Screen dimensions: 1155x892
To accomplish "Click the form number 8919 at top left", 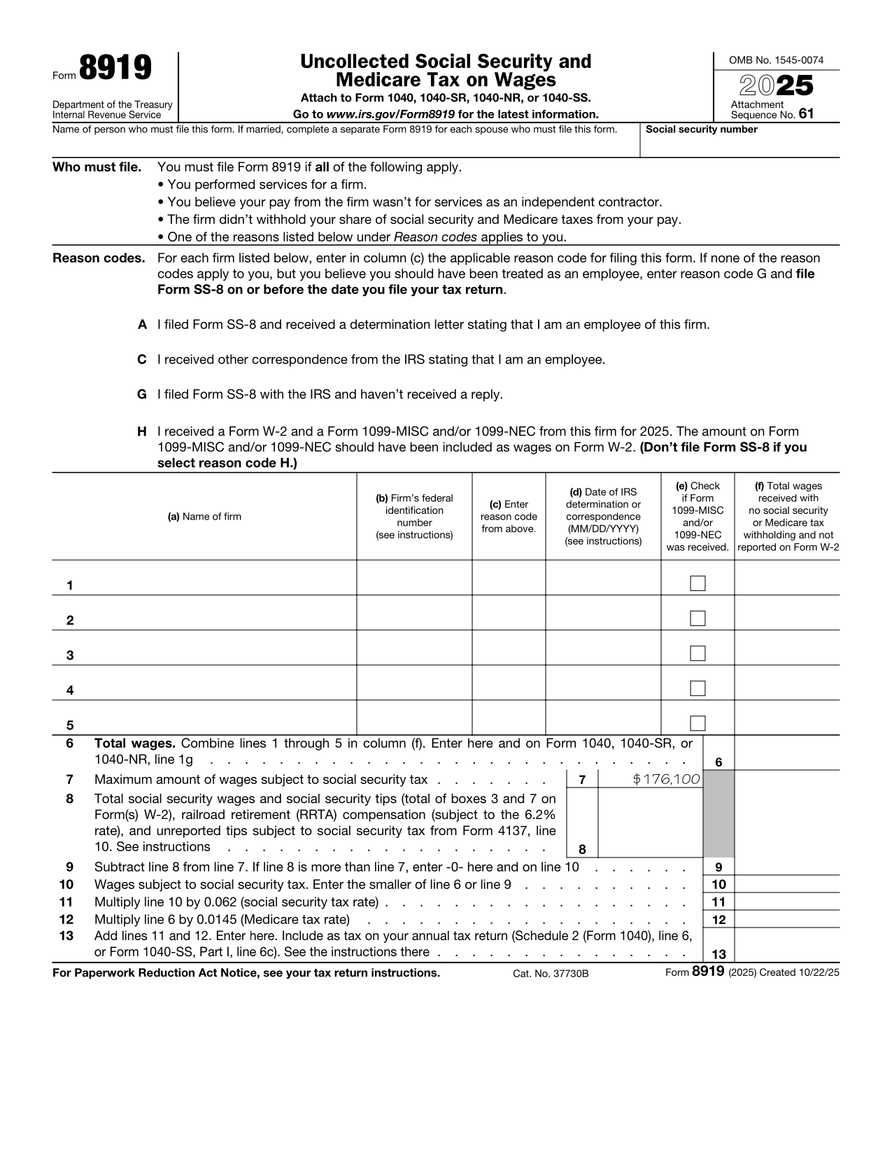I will (x=115, y=69).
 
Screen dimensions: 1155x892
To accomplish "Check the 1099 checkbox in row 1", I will (x=698, y=583).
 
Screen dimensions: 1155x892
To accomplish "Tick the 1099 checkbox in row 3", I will (x=698, y=653).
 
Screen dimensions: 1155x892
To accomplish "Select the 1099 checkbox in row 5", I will (x=698, y=723).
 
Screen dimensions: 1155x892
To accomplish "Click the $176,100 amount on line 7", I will (x=666, y=779).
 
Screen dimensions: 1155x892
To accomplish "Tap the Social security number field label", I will (x=701, y=129).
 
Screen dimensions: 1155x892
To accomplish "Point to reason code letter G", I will (x=142, y=395).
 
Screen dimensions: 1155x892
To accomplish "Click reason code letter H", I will (x=142, y=431).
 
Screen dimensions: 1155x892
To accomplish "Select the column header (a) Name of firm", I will (x=204, y=517).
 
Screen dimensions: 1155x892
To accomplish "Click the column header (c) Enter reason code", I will (x=509, y=517).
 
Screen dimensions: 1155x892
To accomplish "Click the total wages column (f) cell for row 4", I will (x=787, y=683).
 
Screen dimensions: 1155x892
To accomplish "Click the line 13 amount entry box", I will (x=787, y=946).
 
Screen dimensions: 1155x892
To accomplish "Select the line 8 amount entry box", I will (x=650, y=823).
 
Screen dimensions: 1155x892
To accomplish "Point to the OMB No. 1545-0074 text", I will (x=776, y=60).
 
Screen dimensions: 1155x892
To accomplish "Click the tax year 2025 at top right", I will (x=777, y=85).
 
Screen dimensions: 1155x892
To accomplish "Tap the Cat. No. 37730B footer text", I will (x=551, y=974).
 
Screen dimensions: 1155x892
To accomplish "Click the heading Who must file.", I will (x=97, y=167).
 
